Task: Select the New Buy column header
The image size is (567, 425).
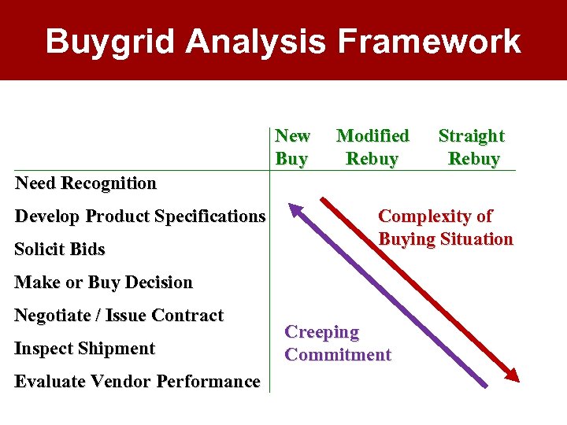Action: (292, 147)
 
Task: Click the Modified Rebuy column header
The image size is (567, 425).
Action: (372, 147)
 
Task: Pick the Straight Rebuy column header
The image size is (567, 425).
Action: (472, 147)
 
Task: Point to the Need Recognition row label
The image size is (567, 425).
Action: (86, 183)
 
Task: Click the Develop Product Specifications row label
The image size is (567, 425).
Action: (140, 216)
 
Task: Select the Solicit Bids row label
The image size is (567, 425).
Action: (60, 249)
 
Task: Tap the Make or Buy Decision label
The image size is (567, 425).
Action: (104, 282)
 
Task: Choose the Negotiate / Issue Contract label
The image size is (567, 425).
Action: (120, 316)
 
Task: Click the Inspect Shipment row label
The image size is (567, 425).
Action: (85, 349)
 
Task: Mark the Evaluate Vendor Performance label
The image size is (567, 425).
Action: (138, 382)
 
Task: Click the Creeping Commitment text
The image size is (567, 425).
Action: (338, 343)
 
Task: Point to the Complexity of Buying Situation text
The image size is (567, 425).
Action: (446, 227)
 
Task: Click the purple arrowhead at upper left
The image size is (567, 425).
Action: (295, 209)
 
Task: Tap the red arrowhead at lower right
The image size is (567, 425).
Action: (513, 375)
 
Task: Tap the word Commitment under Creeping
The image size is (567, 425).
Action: (338, 355)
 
